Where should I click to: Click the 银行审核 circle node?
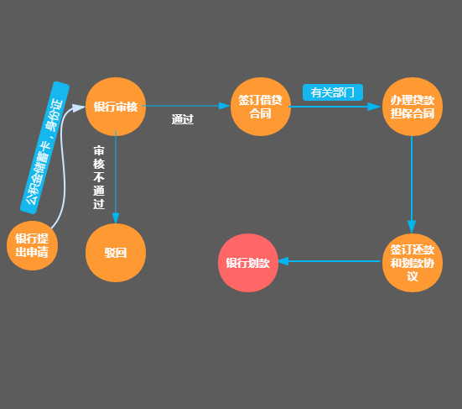coord(116,107)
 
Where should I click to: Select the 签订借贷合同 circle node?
coord(261,107)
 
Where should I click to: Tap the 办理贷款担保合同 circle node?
coord(413,107)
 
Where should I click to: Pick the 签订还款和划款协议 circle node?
coord(413,263)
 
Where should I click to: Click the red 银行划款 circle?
coord(248,263)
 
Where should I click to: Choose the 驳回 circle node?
coord(116,253)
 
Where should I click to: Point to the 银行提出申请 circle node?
coord(32,245)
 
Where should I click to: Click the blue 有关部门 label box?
coord(333,92)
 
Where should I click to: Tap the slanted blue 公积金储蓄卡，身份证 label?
coord(44,148)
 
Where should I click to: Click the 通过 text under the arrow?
coord(183,119)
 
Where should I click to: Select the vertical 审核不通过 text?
coord(99,177)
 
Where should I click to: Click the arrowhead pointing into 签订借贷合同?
coord(225,106)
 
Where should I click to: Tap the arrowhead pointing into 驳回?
coord(116,218)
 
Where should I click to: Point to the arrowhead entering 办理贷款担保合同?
coord(374,107)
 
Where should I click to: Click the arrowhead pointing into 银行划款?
coord(283,261)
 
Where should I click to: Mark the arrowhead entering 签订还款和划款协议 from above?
coord(412,227)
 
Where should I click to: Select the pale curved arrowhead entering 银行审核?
coord(79,107)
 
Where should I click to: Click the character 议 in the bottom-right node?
coord(413,276)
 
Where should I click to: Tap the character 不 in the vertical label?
coord(99,177)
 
